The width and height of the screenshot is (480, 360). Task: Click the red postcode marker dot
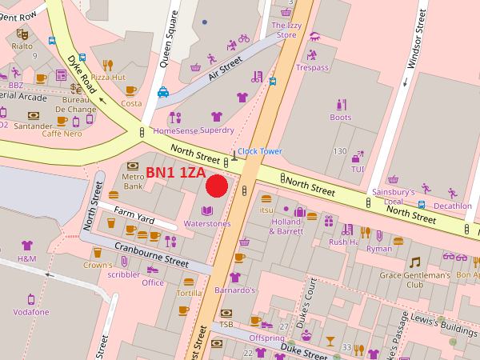point(217,186)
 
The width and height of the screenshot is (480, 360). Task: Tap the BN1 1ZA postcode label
point(175,173)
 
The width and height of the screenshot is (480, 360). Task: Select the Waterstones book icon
point(207,210)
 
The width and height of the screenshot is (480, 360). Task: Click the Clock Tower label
point(260,151)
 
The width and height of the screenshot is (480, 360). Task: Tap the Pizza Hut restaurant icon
point(108,65)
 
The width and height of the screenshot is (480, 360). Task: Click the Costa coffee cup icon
point(130,90)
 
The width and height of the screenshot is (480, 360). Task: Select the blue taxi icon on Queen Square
point(163,92)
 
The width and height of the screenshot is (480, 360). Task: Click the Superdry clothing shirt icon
point(216,116)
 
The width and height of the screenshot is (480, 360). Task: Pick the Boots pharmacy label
point(340,118)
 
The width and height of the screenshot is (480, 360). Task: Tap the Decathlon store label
point(453,206)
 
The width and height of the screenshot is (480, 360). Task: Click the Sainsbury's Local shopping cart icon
point(393,180)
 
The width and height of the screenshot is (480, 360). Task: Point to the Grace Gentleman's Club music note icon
point(414,262)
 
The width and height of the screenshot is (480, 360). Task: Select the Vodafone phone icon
point(31,299)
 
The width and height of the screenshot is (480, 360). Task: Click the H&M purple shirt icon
point(27,246)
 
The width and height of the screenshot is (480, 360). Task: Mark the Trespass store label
point(312,67)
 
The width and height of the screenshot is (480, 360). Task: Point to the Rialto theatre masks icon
point(22,34)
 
